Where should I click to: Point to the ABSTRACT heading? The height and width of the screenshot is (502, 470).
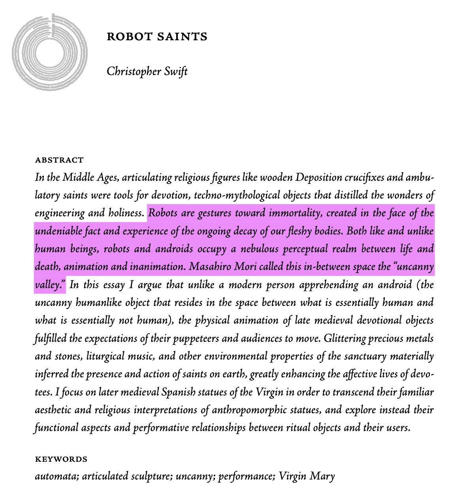click(x=59, y=160)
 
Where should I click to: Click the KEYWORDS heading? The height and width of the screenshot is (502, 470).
click(x=61, y=459)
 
